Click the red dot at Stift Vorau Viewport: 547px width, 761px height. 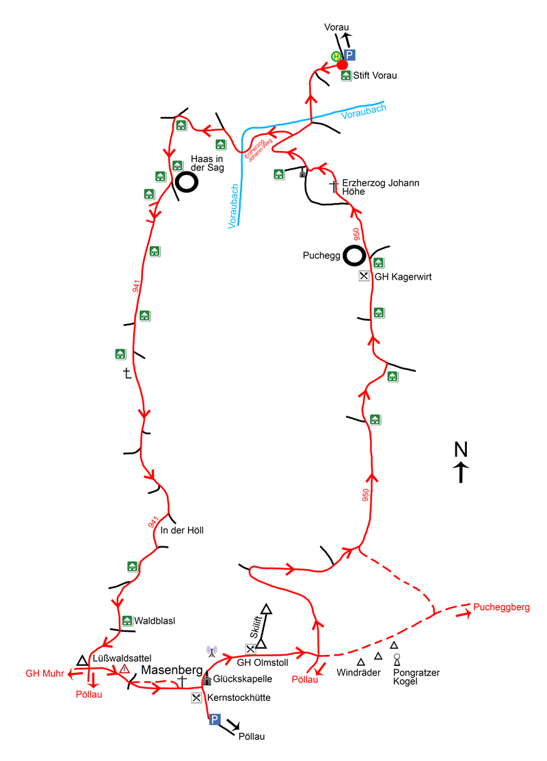[x=343, y=65]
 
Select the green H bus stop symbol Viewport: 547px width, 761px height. [x=336, y=56]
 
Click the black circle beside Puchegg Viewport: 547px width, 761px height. [x=354, y=256]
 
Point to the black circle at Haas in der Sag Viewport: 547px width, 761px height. [x=186, y=182]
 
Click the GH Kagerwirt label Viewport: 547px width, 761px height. [x=403, y=277]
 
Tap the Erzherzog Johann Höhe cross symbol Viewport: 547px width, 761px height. [x=334, y=185]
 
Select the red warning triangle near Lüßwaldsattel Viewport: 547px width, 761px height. [x=124, y=669]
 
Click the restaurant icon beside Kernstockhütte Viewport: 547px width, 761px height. [x=197, y=698]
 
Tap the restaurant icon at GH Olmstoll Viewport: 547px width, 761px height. [x=251, y=649]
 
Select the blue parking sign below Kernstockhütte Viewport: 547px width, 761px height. [x=214, y=719]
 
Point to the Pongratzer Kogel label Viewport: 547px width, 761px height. [x=416, y=677]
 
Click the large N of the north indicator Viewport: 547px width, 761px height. [x=462, y=449]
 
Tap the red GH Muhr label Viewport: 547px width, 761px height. [x=44, y=673]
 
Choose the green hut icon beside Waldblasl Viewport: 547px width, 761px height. [x=127, y=621]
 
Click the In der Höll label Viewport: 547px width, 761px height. [x=182, y=530]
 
